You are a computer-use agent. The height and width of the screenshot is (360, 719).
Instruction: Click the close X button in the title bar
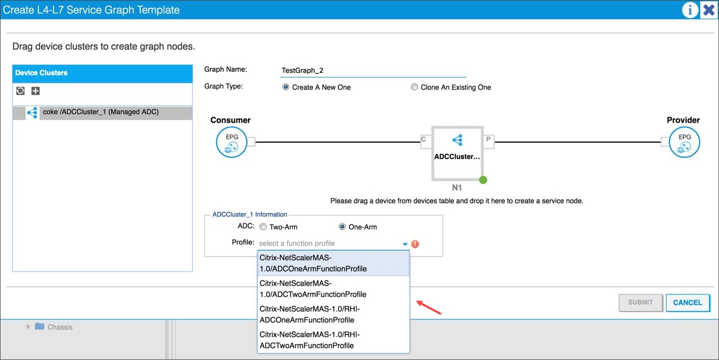[x=709, y=10]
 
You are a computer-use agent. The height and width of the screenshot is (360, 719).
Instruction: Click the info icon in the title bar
[x=690, y=10]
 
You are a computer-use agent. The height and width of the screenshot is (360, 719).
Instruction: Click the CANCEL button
[x=687, y=303]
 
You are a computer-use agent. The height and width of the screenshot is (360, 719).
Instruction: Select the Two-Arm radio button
[x=263, y=227]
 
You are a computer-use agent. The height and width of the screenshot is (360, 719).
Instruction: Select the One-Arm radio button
[x=342, y=227]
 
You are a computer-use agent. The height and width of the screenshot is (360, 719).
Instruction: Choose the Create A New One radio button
[x=285, y=87]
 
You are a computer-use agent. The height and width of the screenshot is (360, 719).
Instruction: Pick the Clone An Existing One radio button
[x=414, y=87]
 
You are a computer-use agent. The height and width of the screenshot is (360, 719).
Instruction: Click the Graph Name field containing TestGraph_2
[x=373, y=70]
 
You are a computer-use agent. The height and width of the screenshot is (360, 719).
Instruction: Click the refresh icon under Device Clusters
[x=20, y=91]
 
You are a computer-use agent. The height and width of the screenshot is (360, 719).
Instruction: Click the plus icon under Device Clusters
[x=35, y=91]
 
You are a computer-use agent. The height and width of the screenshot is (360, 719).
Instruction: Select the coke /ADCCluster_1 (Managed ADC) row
[x=102, y=112]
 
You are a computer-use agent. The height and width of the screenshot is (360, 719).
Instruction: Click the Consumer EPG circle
[x=231, y=142]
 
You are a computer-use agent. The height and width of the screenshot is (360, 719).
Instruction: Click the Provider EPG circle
[x=684, y=142]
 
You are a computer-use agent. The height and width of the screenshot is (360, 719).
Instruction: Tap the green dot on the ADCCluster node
[x=483, y=180]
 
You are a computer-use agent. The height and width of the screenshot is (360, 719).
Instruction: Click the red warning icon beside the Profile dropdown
[x=415, y=244]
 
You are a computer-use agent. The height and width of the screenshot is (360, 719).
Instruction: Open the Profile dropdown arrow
[x=405, y=244]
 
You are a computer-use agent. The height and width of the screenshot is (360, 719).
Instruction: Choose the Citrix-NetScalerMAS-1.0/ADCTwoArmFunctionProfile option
[x=333, y=289]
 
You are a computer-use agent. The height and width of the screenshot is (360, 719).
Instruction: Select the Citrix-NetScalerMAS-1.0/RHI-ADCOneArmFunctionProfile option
[x=333, y=314]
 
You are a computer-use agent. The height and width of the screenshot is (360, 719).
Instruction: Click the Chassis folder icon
[x=40, y=326]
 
